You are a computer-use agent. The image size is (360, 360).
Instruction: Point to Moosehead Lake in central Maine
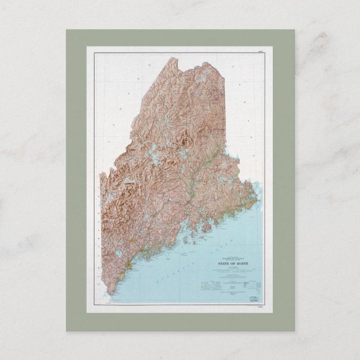(x=154, y=150)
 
